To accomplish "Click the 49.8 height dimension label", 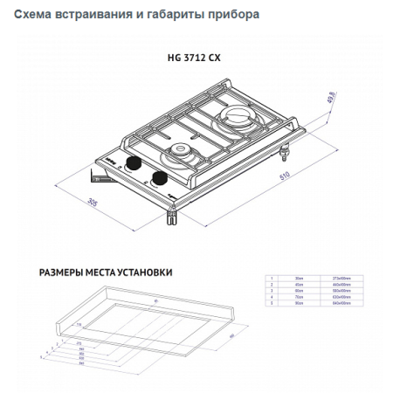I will coord(330,95).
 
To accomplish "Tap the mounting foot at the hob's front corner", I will coord(174,215).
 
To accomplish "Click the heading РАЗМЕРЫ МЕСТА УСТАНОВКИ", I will coord(106,272).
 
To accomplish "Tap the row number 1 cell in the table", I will coord(272,278).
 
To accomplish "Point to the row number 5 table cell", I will coord(272,302).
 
